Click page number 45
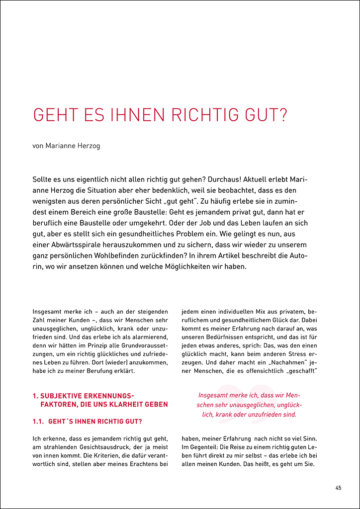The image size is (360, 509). pyautogui.click(x=338, y=488)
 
